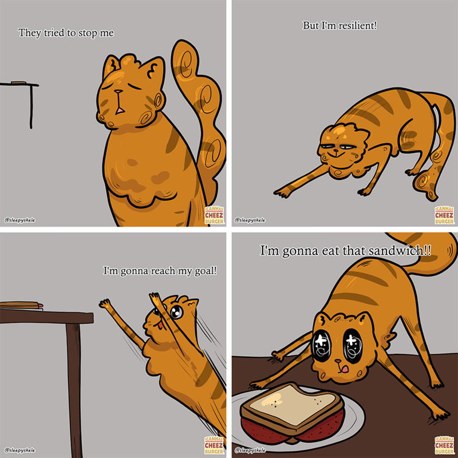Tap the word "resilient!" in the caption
pos(357,26)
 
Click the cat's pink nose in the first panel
pos(119,92)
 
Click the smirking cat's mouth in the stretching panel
pos(336,153)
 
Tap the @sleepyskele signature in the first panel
pos(19,220)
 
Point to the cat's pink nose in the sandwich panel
pos(338,362)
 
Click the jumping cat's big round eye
pos(176,313)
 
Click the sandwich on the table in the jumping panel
pos(21,305)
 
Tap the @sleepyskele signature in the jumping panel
pos(19,451)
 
